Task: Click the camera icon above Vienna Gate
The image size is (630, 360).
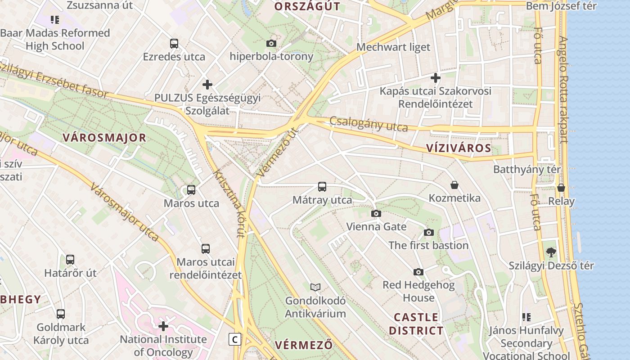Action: pyautogui.click(x=376, y=213)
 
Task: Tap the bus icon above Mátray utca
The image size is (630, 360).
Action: pyautogui.click(x=322, y=187)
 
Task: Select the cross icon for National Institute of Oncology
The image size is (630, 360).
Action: pyautogui.click(x=163, y=326)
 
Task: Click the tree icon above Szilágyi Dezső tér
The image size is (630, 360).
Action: pyautogui.click(x=551, y=252)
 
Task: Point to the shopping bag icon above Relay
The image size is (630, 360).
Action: pyautogui.click(x=561, y=188)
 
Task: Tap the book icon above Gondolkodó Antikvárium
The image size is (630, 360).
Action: pyautogui.click(x=315, y=287)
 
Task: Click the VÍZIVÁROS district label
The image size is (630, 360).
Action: pyautogui.click(x=459, y=148)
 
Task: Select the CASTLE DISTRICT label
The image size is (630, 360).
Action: pyautogui.click(x=416, y=324)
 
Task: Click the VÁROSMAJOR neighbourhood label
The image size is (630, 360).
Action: pyautogui.click(x=104, y=138)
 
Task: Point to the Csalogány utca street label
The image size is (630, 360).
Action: pyautogui.click(x=369, y=124)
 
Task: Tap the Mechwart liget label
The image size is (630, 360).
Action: pyautogui.click(x=393, y=47)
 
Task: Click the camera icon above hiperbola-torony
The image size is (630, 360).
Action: pyautogui.click(x=271, y=43)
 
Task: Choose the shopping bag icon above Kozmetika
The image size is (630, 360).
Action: pyautogui.click(x=454, y=185)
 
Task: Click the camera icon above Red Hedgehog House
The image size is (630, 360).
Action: pyautogui.click(x=418, y=272)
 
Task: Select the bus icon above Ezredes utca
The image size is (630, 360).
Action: pyautogui.click(x=174, y=44)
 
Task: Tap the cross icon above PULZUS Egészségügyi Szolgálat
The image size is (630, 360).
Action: pyautogui.click(x=207, y=84)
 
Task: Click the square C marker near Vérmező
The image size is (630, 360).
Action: pyautogui.click(x=234, y=339)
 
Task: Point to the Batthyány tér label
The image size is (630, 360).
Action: pyautogui.click(x=527, y=170)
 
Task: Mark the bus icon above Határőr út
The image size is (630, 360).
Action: pyautogui.click(x=70, y=260)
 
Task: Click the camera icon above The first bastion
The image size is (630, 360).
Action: pyautogui.click(x=429, y=232)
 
